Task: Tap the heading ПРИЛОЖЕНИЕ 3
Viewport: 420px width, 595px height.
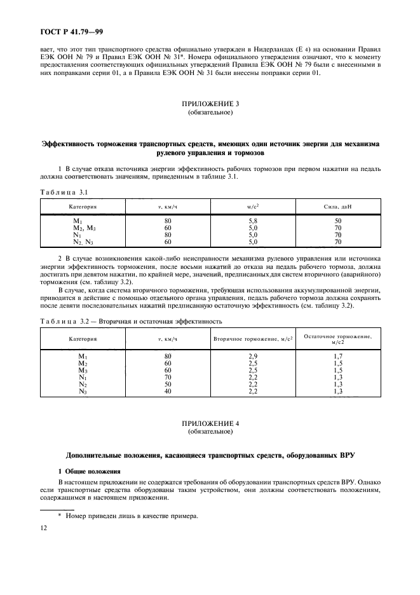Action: pos(210,104)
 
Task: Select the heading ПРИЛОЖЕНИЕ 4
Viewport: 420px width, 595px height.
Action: pos(210,423)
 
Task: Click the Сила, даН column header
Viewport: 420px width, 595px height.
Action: pos(337,207)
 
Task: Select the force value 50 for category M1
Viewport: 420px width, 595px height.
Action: pos(337,221)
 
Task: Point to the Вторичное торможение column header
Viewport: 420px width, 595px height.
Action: pos(252,339)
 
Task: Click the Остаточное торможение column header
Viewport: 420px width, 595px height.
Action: pos(337,339)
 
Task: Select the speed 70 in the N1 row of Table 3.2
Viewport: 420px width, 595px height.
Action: pos(168,378)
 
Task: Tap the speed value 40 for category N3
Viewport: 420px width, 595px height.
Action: pos(168,392)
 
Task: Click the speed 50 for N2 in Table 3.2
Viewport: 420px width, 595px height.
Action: pos(168,385)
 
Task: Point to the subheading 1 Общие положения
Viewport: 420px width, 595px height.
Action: pos(89,471)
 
